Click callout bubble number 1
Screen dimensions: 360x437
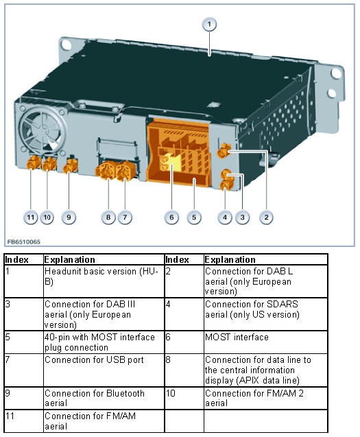(x=209, y=24)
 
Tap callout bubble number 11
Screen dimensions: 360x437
(x=31, y=217)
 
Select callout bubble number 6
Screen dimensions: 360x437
(x=171, y=217)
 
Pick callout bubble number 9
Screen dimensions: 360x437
(x=69, y=217)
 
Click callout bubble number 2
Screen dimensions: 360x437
(x=266, y=217)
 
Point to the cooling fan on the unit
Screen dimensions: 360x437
(x=43, y=129)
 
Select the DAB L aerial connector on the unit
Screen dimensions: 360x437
(x=224, y=151)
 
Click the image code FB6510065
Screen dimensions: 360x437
(x=24, y=241)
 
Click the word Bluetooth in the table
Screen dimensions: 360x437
(x=125, y=393)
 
